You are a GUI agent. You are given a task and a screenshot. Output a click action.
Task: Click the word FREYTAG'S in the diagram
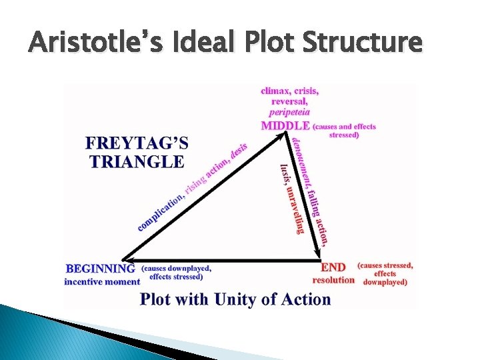137,143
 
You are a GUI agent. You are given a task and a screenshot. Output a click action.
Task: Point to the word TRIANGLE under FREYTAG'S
136,161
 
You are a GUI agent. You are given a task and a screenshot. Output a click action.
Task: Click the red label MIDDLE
285,125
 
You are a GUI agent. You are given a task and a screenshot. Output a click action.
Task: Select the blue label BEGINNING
100,269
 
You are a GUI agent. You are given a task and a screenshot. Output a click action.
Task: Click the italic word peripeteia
289,113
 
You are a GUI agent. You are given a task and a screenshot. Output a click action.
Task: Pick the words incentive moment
102,282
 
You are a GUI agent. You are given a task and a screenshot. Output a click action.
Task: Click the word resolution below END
333,280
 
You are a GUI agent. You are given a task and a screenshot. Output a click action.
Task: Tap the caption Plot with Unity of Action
235,299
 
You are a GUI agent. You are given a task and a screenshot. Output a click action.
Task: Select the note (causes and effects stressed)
344,131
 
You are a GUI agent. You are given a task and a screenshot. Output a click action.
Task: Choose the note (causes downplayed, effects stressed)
176,273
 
